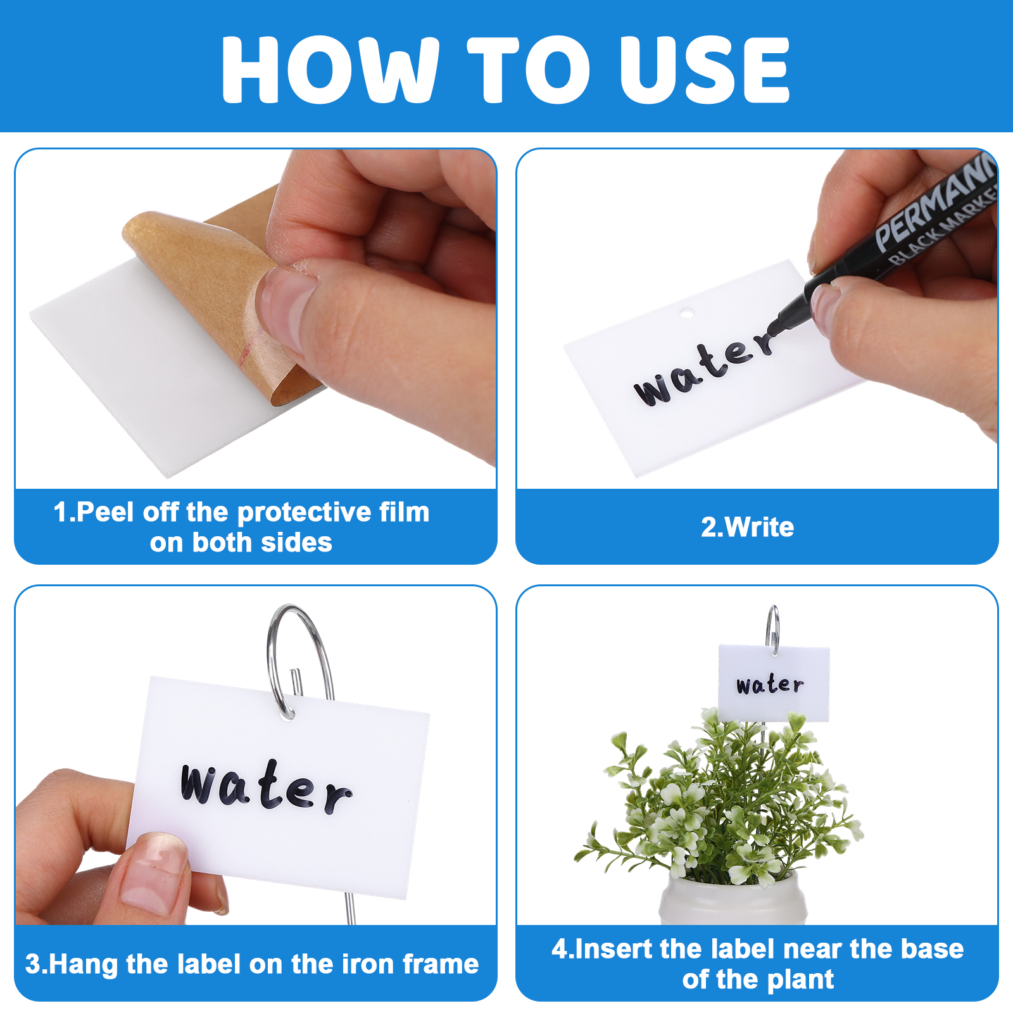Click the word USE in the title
click(705, 69)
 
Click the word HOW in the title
click(330, 69)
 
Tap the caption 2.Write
click(747, 527)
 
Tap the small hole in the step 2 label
click(686, 313)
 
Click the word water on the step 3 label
click(266, 787)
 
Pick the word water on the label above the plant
click(770, 684)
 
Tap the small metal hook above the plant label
click(772, 629)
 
